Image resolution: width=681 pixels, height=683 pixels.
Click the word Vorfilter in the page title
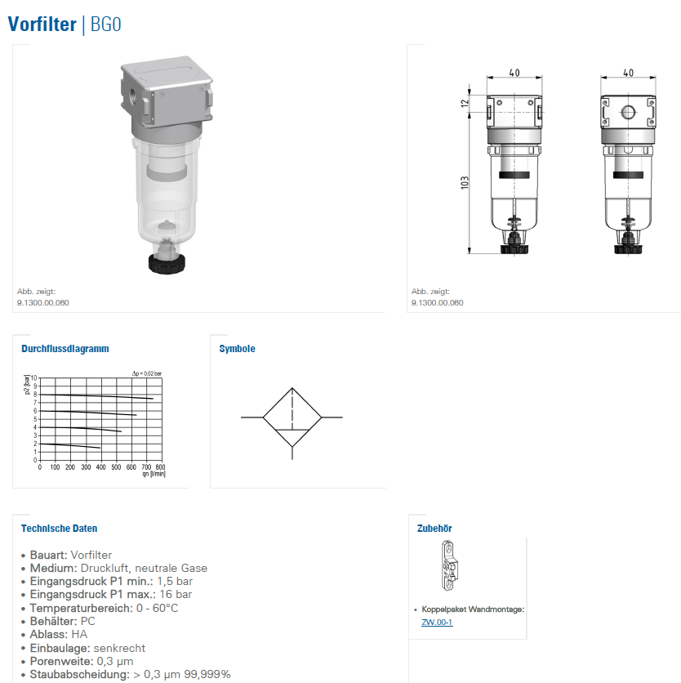(x=42, y=25)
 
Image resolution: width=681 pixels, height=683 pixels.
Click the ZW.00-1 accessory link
(x=437, y=622)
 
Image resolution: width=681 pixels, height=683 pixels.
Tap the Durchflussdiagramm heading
(x=65, y=349)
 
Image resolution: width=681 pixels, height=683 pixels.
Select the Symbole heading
(x=238, y=349)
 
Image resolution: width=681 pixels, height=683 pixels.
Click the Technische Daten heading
(x=60, y=529)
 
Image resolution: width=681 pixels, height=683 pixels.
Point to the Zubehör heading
(x=434, y=529)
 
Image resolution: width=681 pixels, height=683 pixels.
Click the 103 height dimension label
(x=465, y=182)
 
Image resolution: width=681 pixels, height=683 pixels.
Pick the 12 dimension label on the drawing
(x=465, y=103)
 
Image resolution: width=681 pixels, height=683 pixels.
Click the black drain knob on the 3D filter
(x=167, y=264)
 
